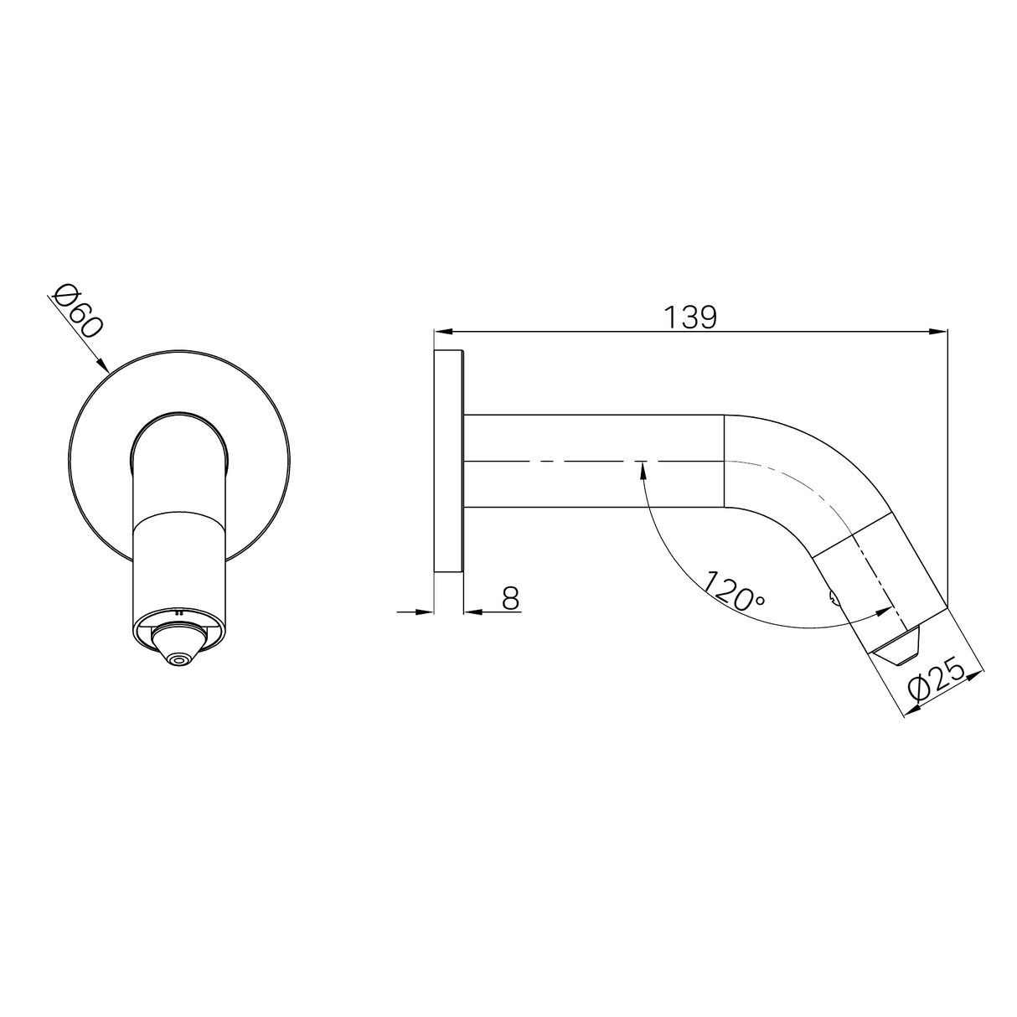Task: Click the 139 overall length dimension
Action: tap(690, 317)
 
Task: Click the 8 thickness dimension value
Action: tap(510, 598)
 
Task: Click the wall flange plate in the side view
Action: tap(448, 461)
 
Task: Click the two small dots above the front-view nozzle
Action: tap(178, 612)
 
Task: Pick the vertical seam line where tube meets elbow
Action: tap(724, 461)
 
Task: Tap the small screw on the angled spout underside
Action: tap(831, 597)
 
